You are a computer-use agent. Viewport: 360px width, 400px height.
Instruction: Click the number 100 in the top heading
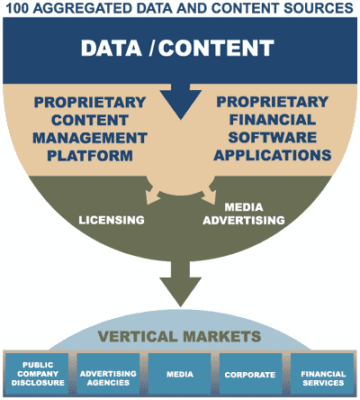pyautogui.click(x=21, y=8)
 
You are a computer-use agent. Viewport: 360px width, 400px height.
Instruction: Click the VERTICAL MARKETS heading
pyautogui.click(x=180, y=337)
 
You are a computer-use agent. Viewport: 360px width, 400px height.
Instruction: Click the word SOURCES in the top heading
pyautogui.click(x=320, y=8)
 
